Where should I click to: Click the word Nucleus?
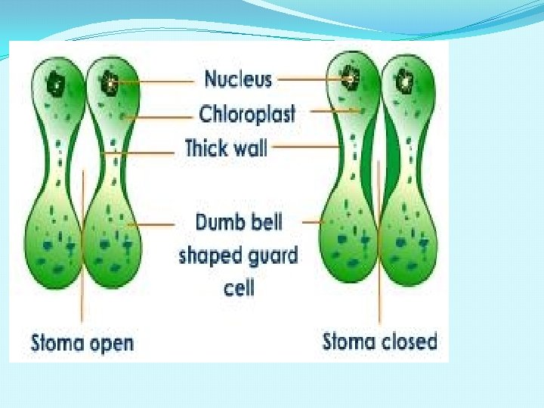[x=238, y=79]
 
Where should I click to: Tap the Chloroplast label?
[x=247, y=114]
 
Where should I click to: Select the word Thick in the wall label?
[x=206, y=147]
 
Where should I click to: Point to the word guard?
[x=270, y=255]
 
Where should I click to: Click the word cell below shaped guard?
[x=239, y=288]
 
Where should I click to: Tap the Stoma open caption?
[x=82, y=343]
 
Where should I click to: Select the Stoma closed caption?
[x=380, y=342]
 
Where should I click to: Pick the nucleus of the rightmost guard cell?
[x=405, y=79]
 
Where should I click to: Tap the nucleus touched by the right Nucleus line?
[x=350, y=77]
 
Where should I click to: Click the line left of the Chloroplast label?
[x=159, y=116]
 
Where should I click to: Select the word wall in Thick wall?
[x=248, y=147]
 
